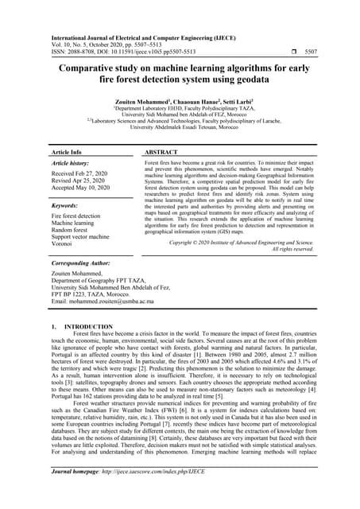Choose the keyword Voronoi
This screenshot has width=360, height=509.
[64, 244]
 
